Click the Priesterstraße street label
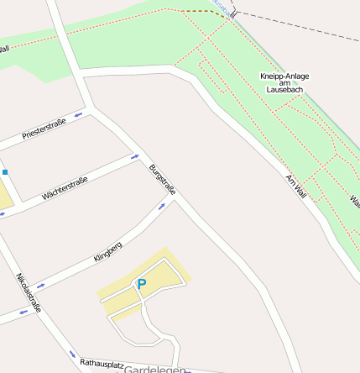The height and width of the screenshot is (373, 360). pyautogui.click(x=44, y=129)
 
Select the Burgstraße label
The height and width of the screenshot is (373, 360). pyautogui.click(x=162, y=181)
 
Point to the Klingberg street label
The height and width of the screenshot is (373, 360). pyautogui.click(x=108, y=253)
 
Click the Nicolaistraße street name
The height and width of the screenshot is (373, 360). pyautogui.click(x=29, y=292)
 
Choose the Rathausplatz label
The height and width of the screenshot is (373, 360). pyautogui.click(x=102, y=365)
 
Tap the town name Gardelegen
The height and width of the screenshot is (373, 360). pyautogui.click(x=154, y=369)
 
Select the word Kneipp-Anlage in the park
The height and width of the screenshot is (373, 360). pyautogui.click(x=284, y=76)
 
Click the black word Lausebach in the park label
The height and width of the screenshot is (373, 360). pyautogui.click(x=284, y=90)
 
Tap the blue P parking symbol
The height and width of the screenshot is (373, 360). pyautogui.click(x=142, y=285)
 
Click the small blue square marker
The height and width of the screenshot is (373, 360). pyautogui.click(x=4, y=172)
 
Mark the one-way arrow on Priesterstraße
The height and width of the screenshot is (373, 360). pyautogui.click(x=79, y=114)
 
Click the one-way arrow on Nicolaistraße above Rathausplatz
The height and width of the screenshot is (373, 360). pyautogui.click(x=72, y=354)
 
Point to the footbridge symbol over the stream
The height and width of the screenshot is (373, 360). pyautogui.click(x=235, y=13)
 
